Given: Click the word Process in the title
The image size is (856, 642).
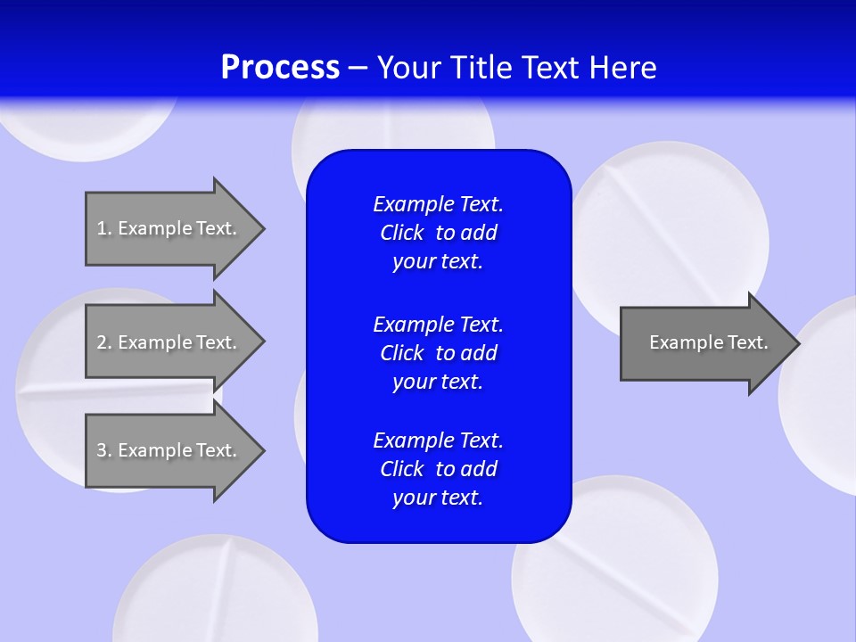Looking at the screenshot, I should point(280,68).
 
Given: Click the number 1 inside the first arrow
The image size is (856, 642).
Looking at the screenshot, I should point(101,228).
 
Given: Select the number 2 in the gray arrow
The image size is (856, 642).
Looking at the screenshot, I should point(102,342).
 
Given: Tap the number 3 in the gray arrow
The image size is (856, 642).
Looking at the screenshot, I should point(102,450).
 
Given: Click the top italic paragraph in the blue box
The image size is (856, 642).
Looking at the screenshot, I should point(438,233).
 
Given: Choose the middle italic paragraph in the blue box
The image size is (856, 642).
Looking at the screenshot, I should point(438,352).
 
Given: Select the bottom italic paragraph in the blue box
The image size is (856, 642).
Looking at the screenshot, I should point(438,469).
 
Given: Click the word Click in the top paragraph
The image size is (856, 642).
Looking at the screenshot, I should point(401,233).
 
